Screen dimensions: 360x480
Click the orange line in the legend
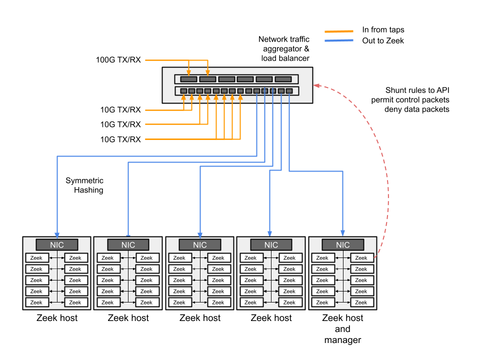[339, 31]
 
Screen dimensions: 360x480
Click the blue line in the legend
[339, 40]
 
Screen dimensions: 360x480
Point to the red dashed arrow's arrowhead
[316, 85]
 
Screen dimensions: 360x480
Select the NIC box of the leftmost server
[57, 245]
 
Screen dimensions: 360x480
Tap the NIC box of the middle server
[200, 245]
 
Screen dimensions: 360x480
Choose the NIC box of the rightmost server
[343, 245]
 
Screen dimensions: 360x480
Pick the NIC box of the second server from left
[128, 245]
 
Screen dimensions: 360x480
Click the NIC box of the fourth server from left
[271, 245]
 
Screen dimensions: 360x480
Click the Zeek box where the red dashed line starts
[361, 258]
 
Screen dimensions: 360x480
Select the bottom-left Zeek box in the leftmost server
[36, 302]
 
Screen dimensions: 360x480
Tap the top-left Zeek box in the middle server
[179, 258]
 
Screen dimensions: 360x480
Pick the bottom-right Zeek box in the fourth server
[289, 302]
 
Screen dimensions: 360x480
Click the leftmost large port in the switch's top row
[188, 79]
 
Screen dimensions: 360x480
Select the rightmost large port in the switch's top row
[283, 79]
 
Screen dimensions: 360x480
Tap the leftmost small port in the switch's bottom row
[183, 91]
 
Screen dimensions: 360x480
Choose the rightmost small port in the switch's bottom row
[289, 91]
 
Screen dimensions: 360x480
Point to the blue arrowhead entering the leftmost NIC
[57, 234]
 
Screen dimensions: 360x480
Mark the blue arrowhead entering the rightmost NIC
[343, 233]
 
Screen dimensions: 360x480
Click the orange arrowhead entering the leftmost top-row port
[188, 73]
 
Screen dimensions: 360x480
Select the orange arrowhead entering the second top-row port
[207, 73]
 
